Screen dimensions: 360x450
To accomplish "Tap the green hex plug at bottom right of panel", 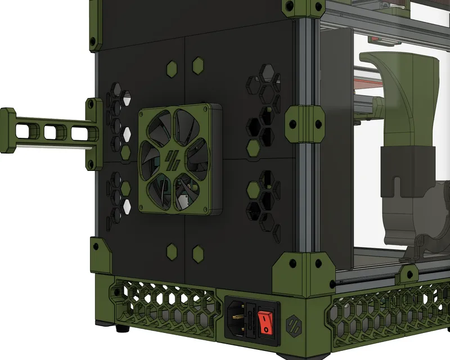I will click(198, 254).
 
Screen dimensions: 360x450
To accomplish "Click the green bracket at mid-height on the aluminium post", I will click(304, 123).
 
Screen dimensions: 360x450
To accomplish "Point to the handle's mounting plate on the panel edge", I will click(93, 134).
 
